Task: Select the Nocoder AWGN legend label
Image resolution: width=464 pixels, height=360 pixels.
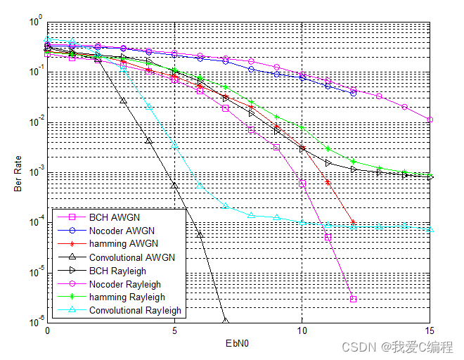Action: [122, 230]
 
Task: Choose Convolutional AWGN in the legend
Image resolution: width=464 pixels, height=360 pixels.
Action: [131, 257]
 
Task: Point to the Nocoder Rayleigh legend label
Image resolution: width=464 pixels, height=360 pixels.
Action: [125, 284]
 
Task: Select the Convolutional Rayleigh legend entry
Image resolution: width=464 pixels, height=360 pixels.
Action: [135, 311]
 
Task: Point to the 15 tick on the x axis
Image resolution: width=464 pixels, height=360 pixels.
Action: [430, 330]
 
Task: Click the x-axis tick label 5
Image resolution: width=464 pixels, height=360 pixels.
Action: [174, 330]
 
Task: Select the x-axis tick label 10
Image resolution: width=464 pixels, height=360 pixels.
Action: [302, 330]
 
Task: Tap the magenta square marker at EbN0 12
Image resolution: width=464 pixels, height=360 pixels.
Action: [353, 299]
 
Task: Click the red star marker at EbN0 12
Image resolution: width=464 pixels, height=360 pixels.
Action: [353, 222]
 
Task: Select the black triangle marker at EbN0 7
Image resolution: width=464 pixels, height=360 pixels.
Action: [226, 321]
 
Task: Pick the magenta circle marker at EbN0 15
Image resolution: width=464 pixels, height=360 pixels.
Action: [430, 120]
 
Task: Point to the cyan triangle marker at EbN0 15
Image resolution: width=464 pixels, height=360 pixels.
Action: [430, 229]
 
